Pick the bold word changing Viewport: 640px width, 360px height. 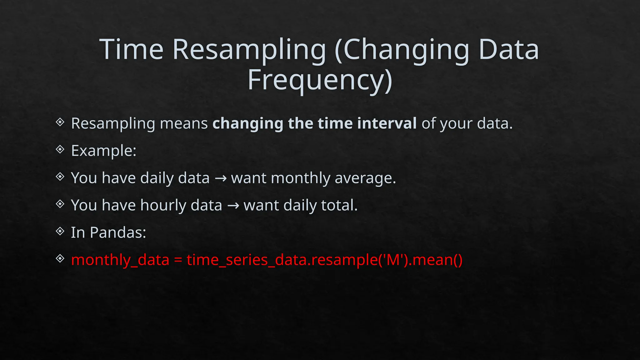(x=247, y=124)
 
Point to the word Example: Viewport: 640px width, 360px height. (x=104, y=151)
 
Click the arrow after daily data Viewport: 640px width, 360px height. (x=221, y=178)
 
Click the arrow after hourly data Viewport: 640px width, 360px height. (x=233, y=206)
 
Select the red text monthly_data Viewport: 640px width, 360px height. (x=120, y=260)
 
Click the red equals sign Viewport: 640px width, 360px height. (x=178, y=260)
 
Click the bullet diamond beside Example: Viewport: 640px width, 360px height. (x=60, y=149)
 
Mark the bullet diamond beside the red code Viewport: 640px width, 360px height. (x=60, y=258)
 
